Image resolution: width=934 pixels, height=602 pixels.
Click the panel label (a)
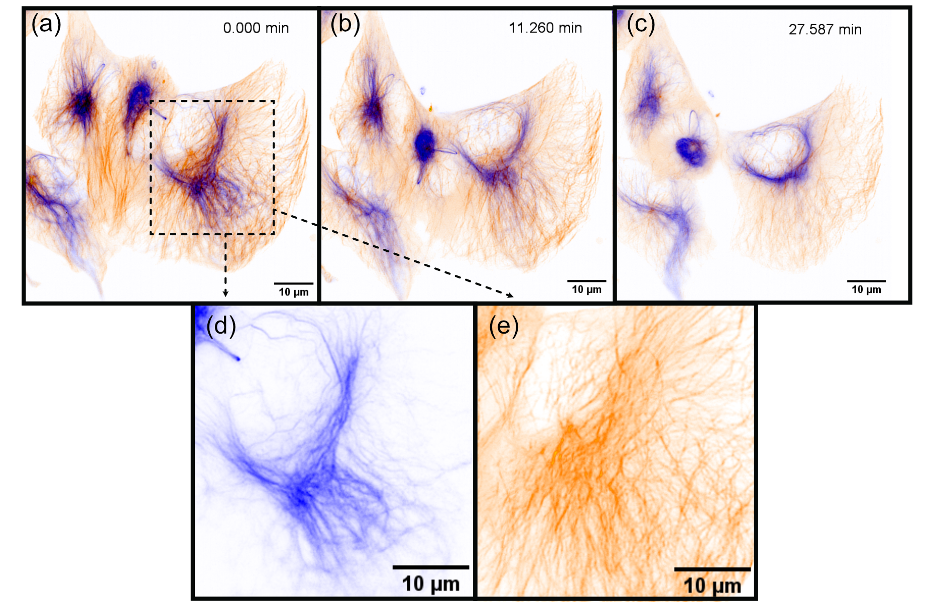pos(46,24)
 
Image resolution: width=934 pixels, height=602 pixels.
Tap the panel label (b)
pos(345,24)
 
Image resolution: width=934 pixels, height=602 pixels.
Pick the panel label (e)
pos(504,327)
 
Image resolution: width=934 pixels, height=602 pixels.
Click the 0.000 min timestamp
pos(256,28)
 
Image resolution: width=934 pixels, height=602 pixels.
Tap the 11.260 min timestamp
pos(545,28)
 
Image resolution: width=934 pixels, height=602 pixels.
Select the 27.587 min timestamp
pos(825,30)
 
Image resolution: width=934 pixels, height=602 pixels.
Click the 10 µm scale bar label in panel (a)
pos(294,292)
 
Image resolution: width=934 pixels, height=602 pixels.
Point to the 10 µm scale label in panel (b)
pos(587,289)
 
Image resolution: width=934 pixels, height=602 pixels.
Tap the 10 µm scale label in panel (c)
pos(866,289)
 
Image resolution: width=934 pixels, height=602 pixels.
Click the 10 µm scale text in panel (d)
pos(431,584)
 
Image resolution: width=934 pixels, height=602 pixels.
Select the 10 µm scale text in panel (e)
pos(712,586)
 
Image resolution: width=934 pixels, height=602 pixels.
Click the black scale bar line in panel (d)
pos(431,567)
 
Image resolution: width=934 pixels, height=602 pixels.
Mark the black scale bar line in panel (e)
pos(712,569)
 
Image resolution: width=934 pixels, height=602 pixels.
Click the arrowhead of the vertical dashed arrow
pos(225,293)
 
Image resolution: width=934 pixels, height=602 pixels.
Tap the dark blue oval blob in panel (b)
pos(425,144)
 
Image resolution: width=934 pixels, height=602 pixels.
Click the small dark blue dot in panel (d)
pos(238,359)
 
